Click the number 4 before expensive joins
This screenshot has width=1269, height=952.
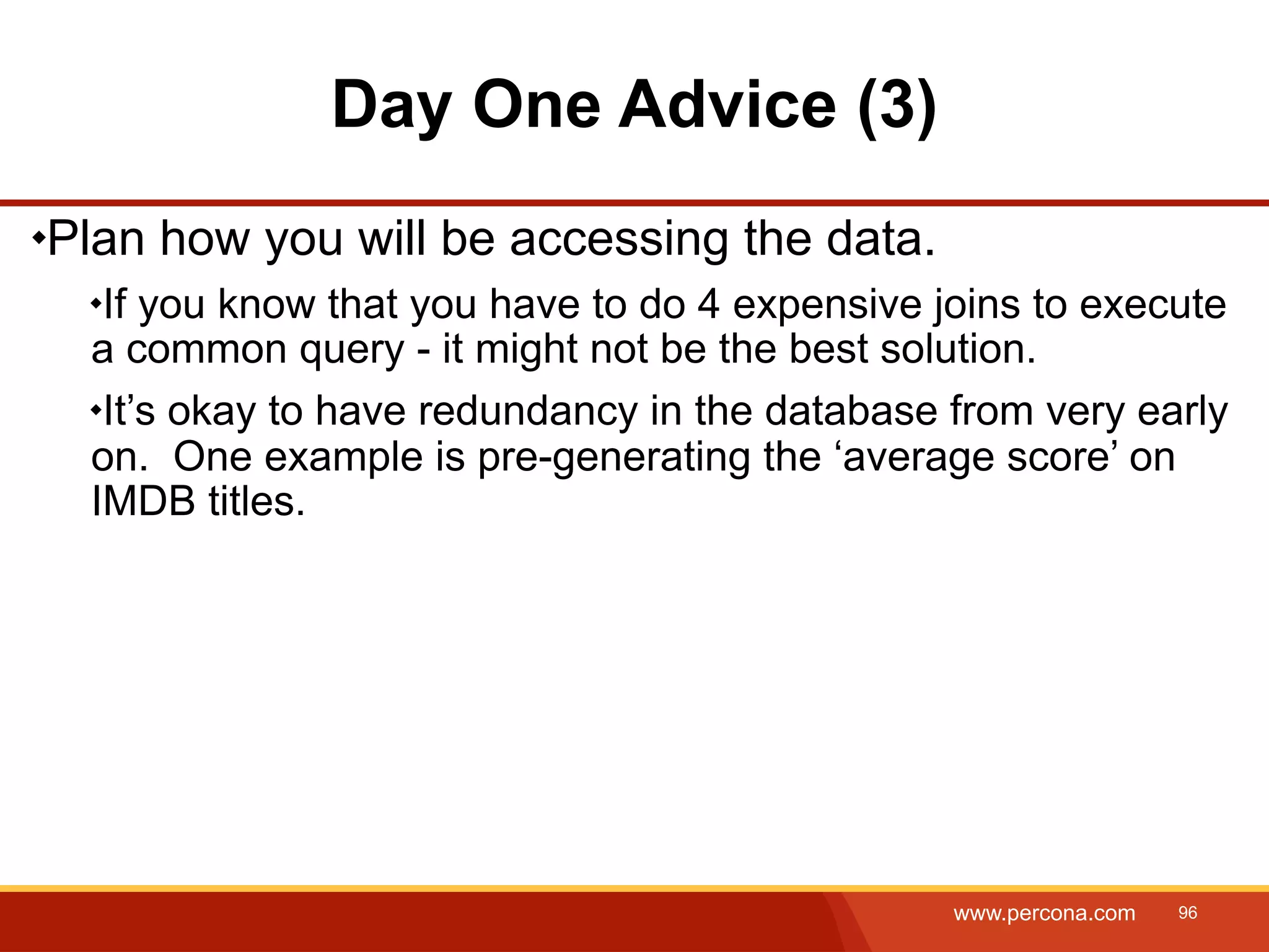pyautogui.click(x=708, y=304)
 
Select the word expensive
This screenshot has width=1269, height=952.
pyautogui.click(x=827, y=306)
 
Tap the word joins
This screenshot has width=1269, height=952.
pyautogui.click(x=977, y=306)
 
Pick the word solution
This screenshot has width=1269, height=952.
pyautogui.click(x=958, y=349)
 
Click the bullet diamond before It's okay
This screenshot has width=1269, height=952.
pyautogui.click(x=95, y=410)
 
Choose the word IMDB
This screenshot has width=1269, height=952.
pyautogui.click(x=143, y=501)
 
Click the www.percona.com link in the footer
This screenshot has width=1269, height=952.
pyautogui.click(x=1044, y=913)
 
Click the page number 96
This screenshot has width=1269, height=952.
pyautogui.click(x=1187, y=912)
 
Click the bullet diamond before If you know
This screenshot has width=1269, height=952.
pyautogui.click(x=95, y=304)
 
